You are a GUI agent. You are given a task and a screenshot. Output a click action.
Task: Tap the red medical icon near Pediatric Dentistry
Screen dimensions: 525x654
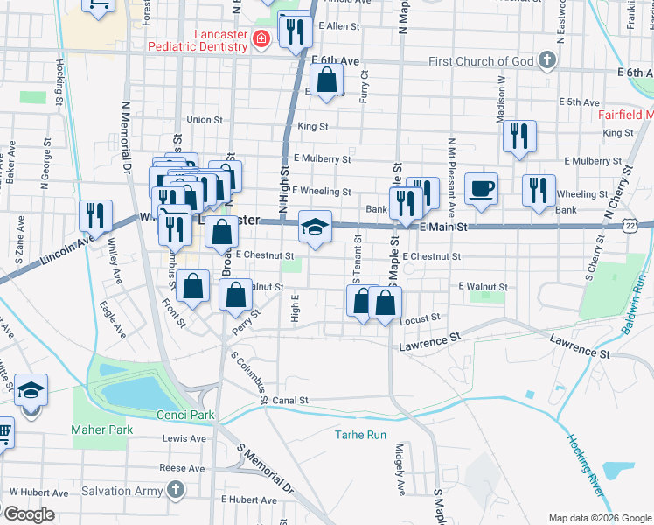260,39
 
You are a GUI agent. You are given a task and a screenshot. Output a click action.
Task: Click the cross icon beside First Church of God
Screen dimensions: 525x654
546,60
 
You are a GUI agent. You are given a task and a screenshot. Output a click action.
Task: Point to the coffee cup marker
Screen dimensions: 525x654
480,189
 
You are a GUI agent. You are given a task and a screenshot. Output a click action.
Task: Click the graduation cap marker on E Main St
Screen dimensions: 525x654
315,227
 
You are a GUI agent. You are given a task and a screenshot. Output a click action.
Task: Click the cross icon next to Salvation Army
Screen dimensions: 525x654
177,490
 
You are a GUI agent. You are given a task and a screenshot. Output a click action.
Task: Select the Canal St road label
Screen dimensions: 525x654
291,400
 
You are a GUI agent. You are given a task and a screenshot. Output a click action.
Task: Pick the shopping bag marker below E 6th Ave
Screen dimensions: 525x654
326,81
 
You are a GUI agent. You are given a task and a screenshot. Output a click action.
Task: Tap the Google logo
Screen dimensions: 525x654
29,514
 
